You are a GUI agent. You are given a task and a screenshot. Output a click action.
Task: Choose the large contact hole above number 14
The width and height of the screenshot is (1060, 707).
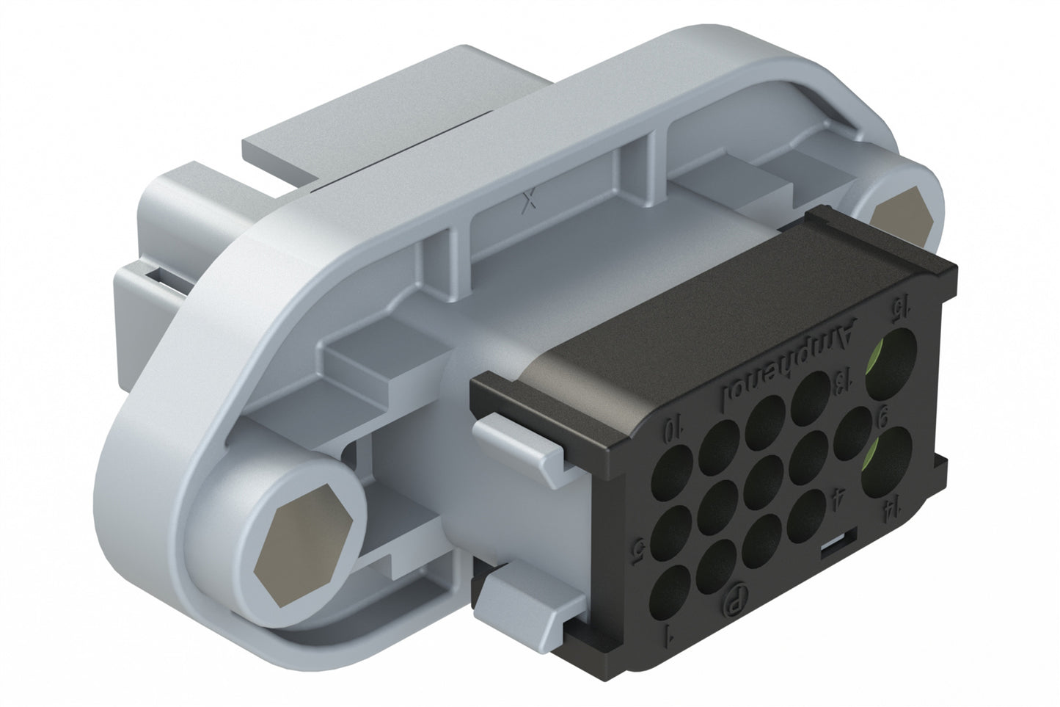[x=884, y=460]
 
